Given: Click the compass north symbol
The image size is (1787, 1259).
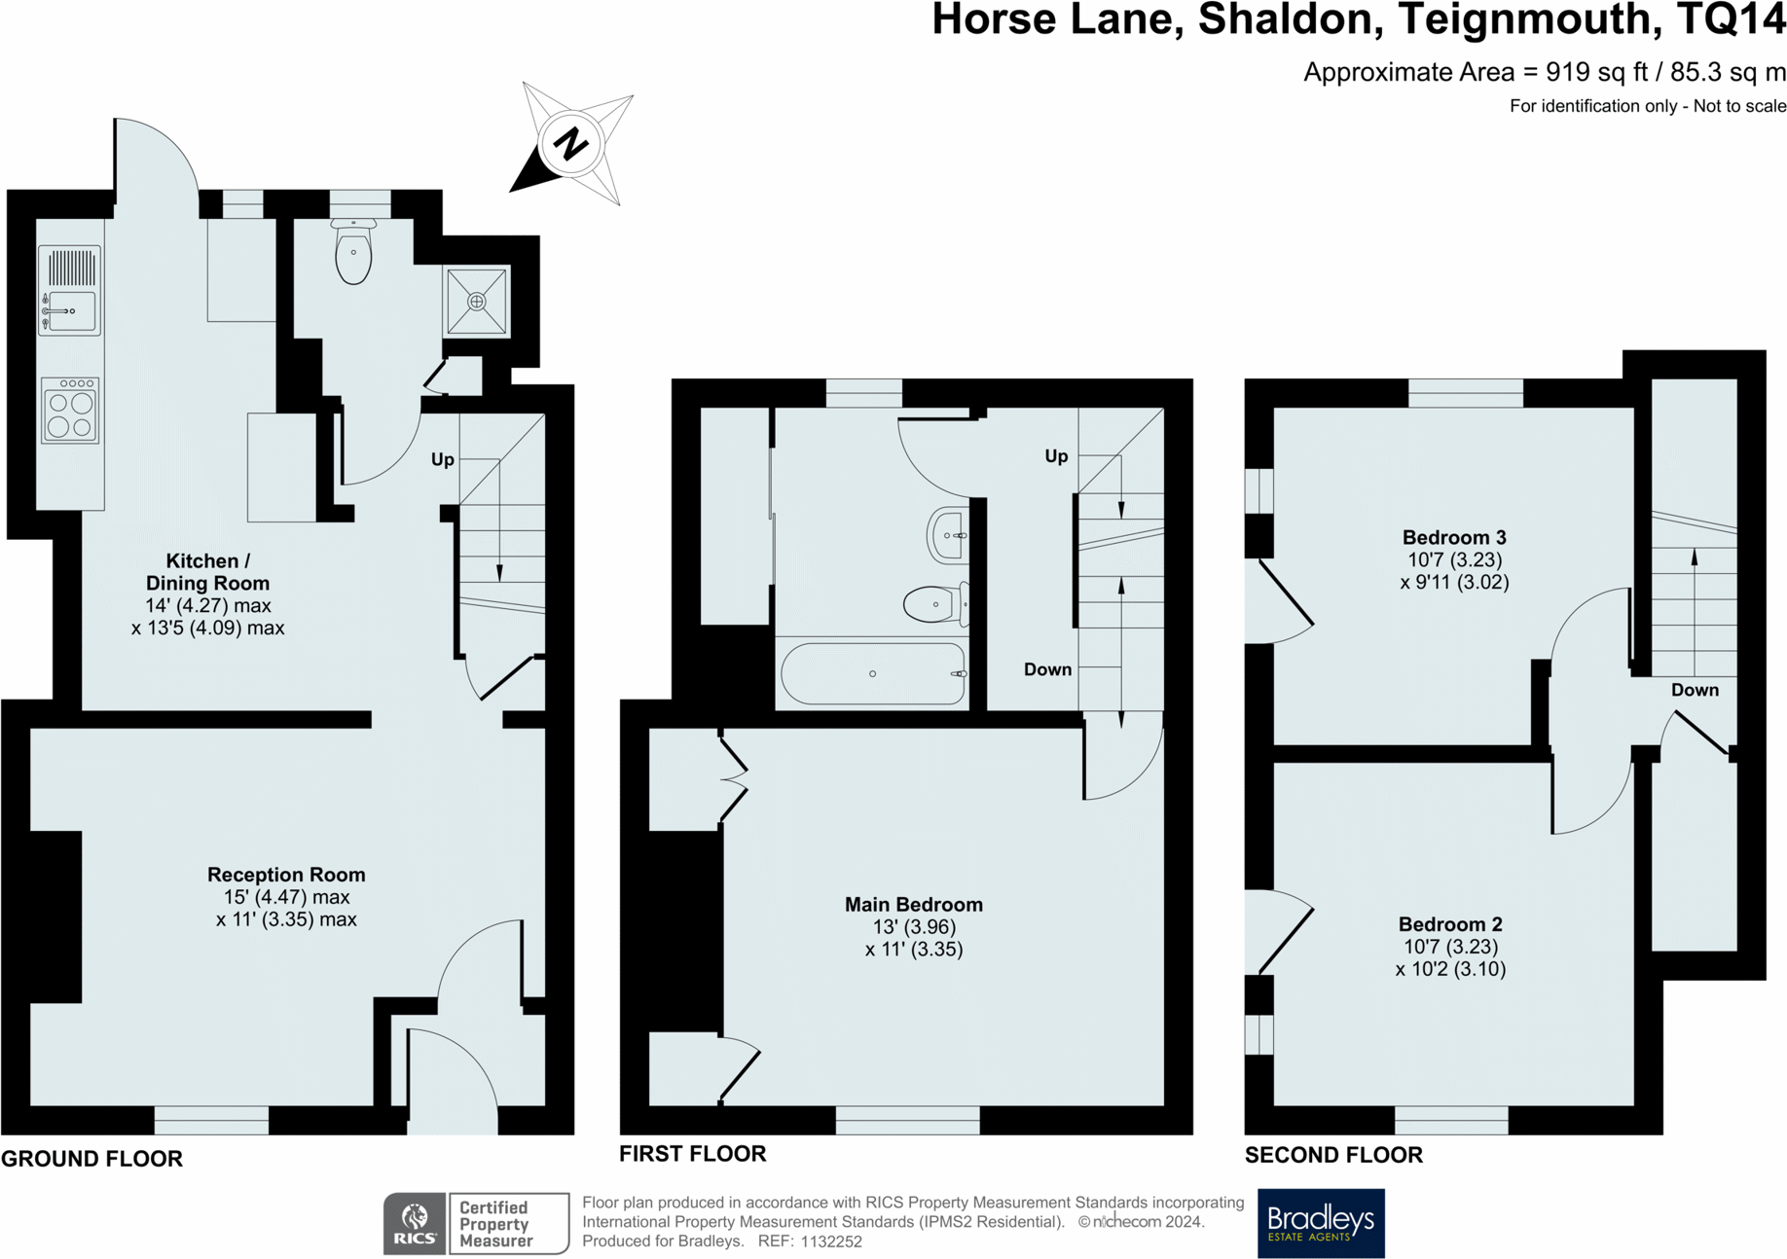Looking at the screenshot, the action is pos(572,144).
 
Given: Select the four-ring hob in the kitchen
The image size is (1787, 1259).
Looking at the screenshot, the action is pos(70,412).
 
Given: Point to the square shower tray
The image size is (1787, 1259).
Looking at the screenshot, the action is pos(477,302).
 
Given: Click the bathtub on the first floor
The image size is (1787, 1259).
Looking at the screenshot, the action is pos(873,672).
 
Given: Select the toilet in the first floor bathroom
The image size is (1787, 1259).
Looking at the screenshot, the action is pos(936,604).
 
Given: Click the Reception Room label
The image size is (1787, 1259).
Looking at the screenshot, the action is pos(286,875).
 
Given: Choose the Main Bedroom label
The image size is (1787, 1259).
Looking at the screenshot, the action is pos(914,905).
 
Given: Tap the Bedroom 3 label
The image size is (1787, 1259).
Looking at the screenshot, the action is pos(1454,537).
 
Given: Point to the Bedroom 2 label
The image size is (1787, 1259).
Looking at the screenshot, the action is pos(1450,924).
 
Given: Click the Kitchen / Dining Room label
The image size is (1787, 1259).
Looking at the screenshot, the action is pos(207,572).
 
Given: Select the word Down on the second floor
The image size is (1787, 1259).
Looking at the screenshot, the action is pos(1695,690).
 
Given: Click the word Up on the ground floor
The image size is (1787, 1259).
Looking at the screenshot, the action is pos(443,460).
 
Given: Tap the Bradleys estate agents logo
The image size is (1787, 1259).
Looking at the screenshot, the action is pos(1321,1223).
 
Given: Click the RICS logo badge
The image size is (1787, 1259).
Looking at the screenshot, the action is pos(415,1223).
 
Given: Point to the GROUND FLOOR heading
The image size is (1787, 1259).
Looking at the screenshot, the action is pos(91,1159).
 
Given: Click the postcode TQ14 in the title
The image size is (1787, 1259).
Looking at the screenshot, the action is pos(1731,19).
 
